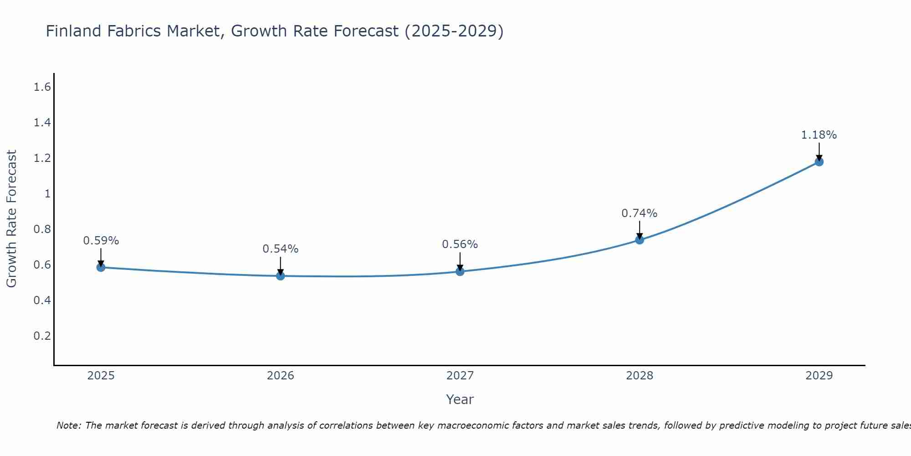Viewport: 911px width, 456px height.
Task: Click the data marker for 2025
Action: [101, 267]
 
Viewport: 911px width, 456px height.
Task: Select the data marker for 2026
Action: [280, 276]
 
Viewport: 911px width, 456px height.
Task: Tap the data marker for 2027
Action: [460, 271]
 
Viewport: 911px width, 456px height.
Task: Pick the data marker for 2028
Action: [640, 240]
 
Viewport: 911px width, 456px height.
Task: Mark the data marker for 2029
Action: [819, 162]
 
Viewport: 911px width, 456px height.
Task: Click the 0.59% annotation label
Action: [101, 241]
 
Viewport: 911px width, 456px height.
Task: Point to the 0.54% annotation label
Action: [280, 249]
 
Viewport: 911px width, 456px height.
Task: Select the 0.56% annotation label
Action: [460, 244]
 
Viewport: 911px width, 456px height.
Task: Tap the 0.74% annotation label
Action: [640, 213]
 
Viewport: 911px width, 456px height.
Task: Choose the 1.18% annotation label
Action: [819, 135]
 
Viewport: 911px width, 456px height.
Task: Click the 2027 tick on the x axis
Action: [460, 376]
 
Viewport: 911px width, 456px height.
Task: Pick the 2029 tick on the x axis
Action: [819, 376]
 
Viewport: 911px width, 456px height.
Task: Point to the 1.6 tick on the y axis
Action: [42, 87]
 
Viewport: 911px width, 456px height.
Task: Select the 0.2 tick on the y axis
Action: [42, 336]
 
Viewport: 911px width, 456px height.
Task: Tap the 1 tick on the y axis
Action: [47, 194]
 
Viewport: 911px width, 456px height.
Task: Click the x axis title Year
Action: [460, 399]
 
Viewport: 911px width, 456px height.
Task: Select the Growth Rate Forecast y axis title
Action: [11, 219]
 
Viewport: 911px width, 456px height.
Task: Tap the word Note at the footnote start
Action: [68, 425]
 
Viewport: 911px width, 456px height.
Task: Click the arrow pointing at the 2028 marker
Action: [640, 229]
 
